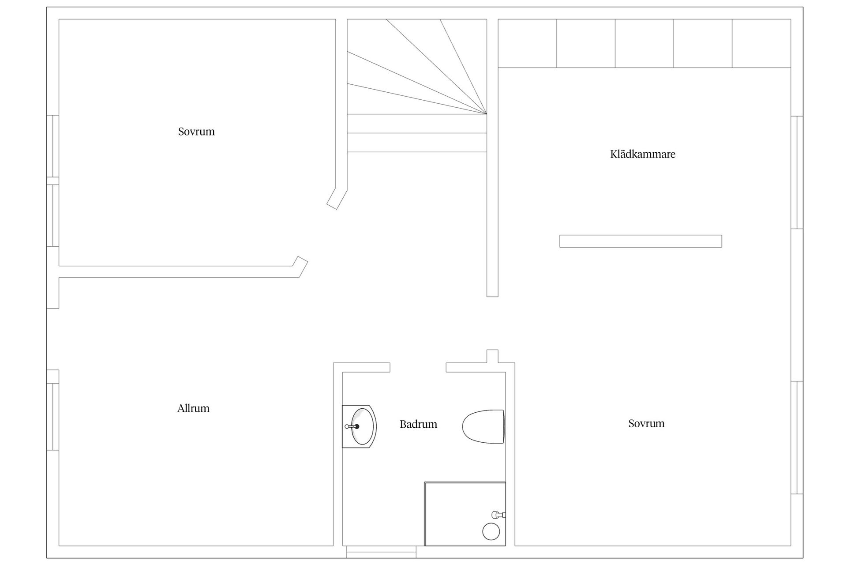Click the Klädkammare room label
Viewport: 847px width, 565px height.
click(x=642, y=154)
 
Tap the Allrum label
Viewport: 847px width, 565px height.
click(x=193, y=408)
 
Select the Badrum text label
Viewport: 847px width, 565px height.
click(x=418, y=424)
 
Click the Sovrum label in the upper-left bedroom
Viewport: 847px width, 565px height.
click(x=196, y=132)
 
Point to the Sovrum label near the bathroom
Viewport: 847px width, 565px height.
click(x=646, y=424)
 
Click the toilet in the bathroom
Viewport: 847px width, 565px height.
click(x=483, y=427)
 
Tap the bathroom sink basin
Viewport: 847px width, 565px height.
click(x=363, y=427)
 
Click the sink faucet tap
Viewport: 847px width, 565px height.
click(x=352, y=426)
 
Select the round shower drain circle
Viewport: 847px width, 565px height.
click(x=491, y=531)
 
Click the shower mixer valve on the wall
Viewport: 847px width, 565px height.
click(x=498, y=515)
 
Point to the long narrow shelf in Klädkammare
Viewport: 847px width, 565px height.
click(x=641, y=241)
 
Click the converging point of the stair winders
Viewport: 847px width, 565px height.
click(x=487, y=114)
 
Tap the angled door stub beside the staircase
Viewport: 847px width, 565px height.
click(x=337, y=199)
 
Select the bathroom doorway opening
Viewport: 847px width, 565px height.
click(x=418, y=367)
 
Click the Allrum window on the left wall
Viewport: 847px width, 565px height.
click(x=53, y=417)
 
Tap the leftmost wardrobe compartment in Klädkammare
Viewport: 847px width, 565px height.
click(x=528, y=43)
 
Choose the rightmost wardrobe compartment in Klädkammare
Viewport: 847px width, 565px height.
click(x=761, y=43)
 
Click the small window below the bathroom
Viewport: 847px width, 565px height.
click(x=381, y=552)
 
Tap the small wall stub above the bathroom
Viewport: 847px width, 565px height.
click(x=492, y=356)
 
